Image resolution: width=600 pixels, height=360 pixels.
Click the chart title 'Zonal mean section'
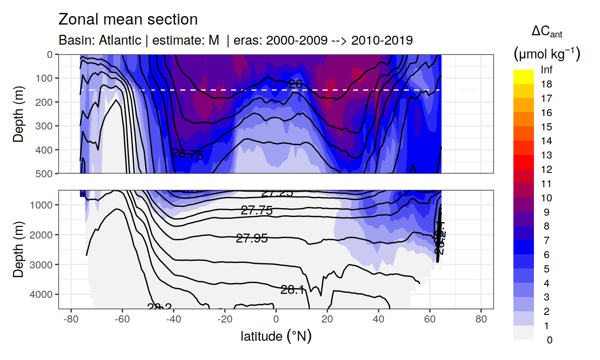pos(128,20)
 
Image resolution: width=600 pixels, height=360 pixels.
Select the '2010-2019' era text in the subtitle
pos(382,40)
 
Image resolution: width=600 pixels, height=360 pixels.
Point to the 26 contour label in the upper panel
pos(296,84)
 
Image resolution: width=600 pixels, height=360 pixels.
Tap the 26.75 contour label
pos(187,155)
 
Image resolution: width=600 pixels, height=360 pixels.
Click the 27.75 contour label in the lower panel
pos(256,211)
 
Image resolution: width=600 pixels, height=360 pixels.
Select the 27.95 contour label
pos(252,239)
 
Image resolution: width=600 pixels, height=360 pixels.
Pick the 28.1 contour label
pos(292,290)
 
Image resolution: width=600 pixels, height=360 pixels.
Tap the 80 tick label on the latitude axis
pos(481,320)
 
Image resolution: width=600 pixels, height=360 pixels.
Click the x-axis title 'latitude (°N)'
pos(276,335)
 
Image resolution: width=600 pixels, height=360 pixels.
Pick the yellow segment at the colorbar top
pos(524,74)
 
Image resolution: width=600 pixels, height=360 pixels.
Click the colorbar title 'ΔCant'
pos(546,32)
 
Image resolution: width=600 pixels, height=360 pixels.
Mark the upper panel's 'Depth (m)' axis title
pos(18,113)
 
